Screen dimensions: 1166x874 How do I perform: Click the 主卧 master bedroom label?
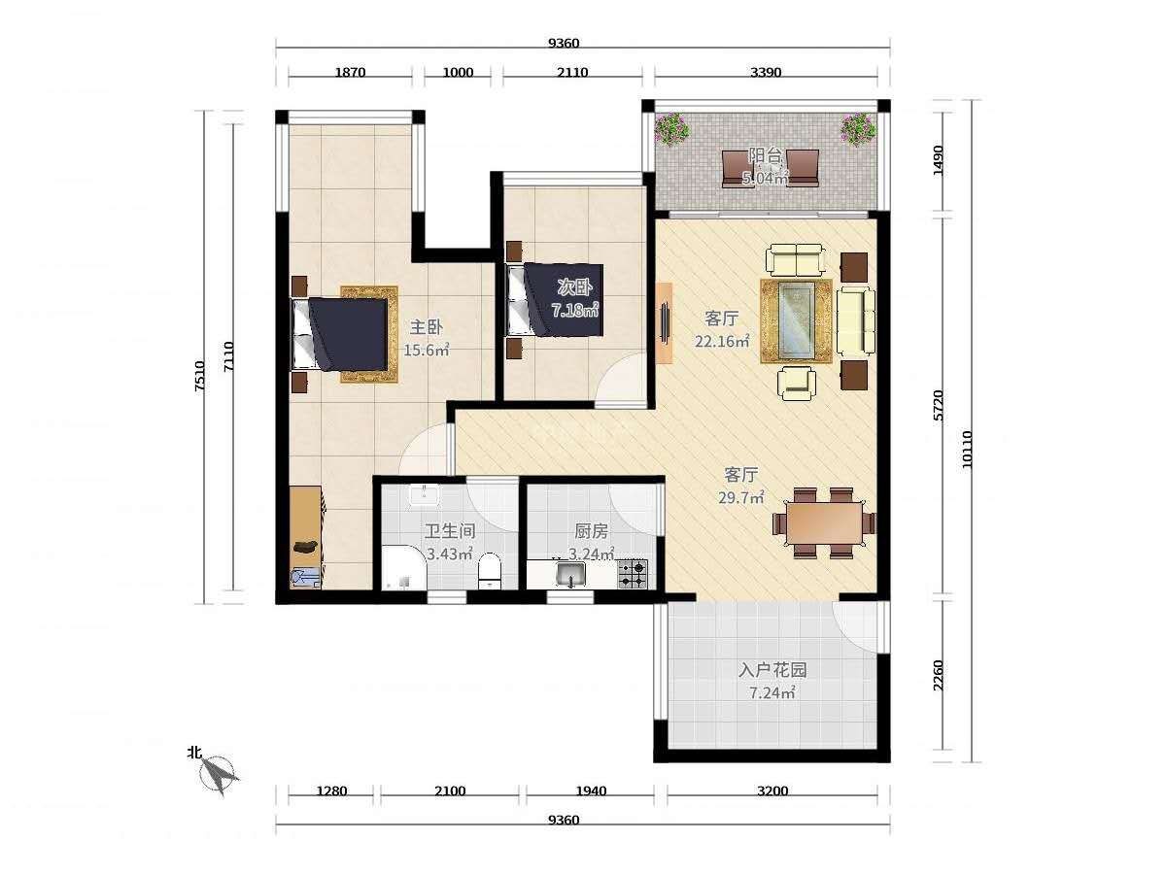pos(426,327)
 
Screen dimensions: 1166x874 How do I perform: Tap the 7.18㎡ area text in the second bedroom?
pos(575,310)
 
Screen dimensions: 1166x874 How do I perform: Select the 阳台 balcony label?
pos(765,156)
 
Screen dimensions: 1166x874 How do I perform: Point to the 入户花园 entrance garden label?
pos(772,670)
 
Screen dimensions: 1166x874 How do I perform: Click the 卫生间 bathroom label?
pos(450,531)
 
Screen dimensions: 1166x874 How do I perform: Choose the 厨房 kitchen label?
pos(591,531)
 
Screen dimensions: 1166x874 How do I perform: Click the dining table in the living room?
pos(824,522)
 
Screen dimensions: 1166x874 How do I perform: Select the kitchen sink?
pos(570,574)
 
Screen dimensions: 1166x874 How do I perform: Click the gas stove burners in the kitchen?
pos(633,574)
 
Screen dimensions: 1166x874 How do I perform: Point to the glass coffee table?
pos(796,320)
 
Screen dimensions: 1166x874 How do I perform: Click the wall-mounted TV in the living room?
pos(665,322)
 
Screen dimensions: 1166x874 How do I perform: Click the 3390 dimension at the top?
pos(766,72)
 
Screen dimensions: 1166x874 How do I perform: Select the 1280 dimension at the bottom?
pos(331,791)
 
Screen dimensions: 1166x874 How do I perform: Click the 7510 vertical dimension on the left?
pos(199,376)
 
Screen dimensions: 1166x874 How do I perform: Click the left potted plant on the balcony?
pos(670,128)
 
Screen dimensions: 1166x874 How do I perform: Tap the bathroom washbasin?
pos(424,496)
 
